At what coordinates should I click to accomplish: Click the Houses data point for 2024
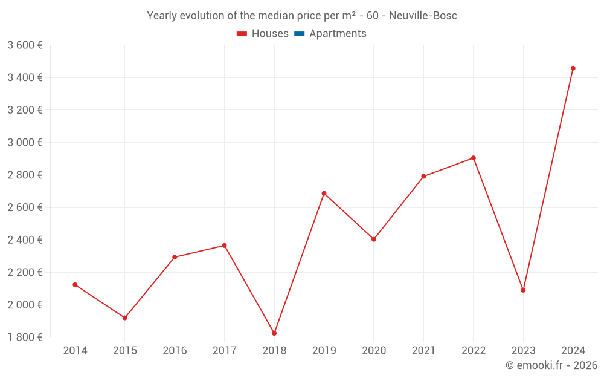573,68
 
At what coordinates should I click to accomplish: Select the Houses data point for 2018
274,333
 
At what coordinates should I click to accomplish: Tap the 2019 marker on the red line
324,194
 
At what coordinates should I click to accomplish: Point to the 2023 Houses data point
523,290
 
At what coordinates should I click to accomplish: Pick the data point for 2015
125,318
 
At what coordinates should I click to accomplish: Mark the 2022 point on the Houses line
474,158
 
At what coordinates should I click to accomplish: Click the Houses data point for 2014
75,285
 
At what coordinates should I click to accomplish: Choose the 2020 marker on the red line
374,240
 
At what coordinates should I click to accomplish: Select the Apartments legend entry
338,34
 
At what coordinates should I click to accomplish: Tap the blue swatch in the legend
299,34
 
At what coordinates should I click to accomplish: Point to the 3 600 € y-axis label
25,45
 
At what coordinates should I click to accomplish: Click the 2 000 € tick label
25,305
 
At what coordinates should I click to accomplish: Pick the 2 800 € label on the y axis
25,175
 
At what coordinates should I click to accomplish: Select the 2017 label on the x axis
224,351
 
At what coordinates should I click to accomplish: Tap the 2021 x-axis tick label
423,351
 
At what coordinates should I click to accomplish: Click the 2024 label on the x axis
573,351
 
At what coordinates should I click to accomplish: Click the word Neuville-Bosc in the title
423,16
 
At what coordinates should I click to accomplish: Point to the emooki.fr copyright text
551,365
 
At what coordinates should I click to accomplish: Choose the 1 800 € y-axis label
25,337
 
